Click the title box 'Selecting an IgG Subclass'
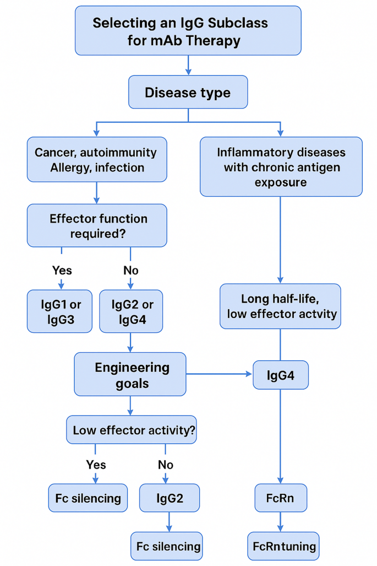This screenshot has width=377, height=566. (188, 31)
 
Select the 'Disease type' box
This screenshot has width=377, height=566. (188, 92)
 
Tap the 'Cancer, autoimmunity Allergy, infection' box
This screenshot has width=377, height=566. (96, 159)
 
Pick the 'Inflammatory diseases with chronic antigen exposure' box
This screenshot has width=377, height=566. (281, 166)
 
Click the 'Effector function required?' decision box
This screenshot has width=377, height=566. (96, 225)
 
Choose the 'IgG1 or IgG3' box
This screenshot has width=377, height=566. (59, 311)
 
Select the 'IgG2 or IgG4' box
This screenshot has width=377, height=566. (131, 311)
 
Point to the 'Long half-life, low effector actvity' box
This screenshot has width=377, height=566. (281, 306)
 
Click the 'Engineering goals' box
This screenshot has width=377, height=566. (130, 375)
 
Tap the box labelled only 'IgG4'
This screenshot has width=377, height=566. (281, 375)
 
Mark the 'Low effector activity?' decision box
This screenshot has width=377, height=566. (131, 430)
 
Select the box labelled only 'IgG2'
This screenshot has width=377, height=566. (169, 498)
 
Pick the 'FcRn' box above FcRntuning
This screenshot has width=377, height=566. (281, 498)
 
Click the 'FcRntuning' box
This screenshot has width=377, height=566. (283, 546)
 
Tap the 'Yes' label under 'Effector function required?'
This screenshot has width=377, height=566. (62, 270)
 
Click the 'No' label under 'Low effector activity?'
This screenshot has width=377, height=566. (166, 465)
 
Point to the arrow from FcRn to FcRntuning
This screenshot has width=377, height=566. (281, 521)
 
